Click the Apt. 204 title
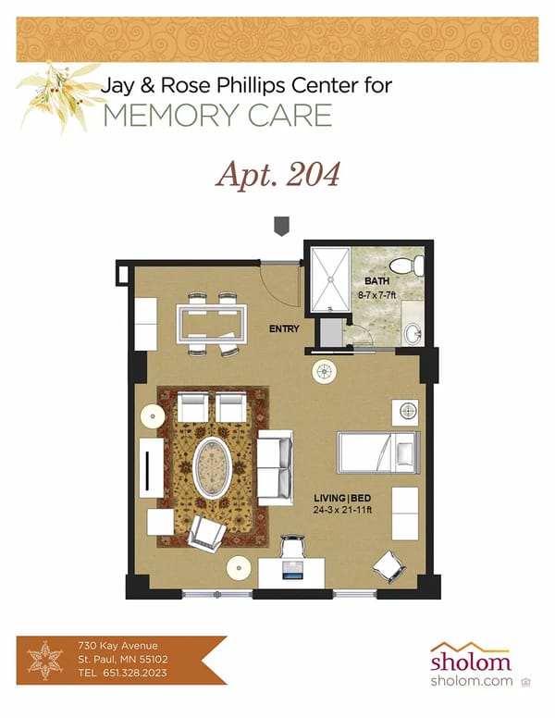pyautogui.click(x=277, y=174)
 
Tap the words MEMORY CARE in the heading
pyautogui.click(x=217, y=116)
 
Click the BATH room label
pyautogui.click(x=376, y=280)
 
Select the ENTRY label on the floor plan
pyautogui.click(x=284, y=328)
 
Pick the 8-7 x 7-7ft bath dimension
pyautogui.click(x=376, y=294)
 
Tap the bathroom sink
pyautogui.click(x=413, y=332)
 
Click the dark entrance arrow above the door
pyautogui.click(x=281, y=226)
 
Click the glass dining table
pyautogui.click(x=212, y=324)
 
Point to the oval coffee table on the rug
pyautogui.click(x=215, y=467)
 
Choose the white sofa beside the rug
pyautogui.click(x=275, y=466)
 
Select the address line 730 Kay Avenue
pyautogui.click(x=118, y=645)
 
